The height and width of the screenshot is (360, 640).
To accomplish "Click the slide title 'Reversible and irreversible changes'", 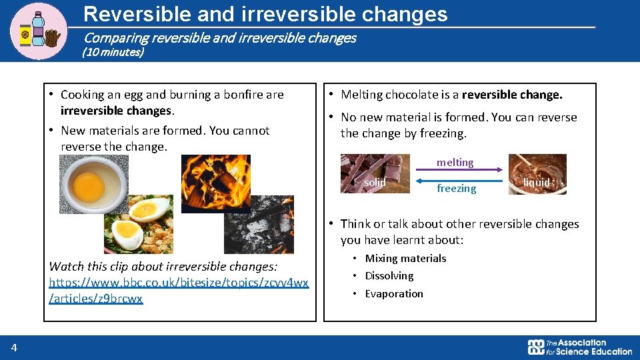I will click(266, 14).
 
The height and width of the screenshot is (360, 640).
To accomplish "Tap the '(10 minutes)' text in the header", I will click(113, 52).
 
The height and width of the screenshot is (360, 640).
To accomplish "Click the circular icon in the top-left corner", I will click(39, 31).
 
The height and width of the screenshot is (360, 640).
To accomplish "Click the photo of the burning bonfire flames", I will click(215, 183).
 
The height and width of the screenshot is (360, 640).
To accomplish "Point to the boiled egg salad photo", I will click(138, 225).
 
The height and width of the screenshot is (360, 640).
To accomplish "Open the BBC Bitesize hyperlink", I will click(179, 291).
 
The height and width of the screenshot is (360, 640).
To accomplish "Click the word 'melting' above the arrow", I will click(455, 163).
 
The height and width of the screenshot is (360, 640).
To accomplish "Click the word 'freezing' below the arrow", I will click(456, 189).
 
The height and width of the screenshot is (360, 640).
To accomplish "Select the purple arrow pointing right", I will click(459, 170).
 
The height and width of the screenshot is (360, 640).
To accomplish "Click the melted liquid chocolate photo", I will click(537, 174).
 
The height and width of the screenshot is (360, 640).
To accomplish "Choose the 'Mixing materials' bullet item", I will click(405, 259).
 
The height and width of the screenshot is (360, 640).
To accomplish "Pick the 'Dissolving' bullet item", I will click(389, 276).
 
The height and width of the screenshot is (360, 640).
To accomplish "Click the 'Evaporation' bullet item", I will click(393, 294).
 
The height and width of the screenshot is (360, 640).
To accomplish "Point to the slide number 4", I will click(14, 347).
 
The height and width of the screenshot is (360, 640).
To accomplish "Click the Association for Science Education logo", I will click(579, 347).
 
